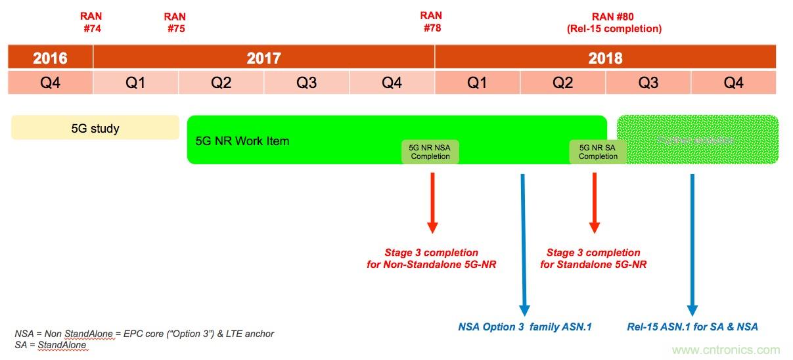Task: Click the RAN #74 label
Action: (91, 22)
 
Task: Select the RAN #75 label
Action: (175, 22)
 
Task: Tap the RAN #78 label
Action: (431, 22)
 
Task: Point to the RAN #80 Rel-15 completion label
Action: (614, 22)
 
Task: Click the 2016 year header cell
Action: (50, 58)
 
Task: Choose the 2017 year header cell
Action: (263, 58)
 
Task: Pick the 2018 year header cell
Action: (605, 58)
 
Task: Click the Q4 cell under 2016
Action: (50, 83)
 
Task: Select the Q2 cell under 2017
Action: (221, 83)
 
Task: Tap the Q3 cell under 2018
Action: (648, 83)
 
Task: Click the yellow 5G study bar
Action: (95, 128)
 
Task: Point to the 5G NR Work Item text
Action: (242, 141)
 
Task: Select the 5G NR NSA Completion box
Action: (430, 152)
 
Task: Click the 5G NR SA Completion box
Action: (598, 152)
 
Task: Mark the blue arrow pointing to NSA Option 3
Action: (524, 243)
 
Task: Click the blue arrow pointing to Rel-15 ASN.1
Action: (692, 243)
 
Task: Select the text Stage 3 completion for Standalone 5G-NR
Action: (593, 259)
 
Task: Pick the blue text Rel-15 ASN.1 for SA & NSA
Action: (692, 326)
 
